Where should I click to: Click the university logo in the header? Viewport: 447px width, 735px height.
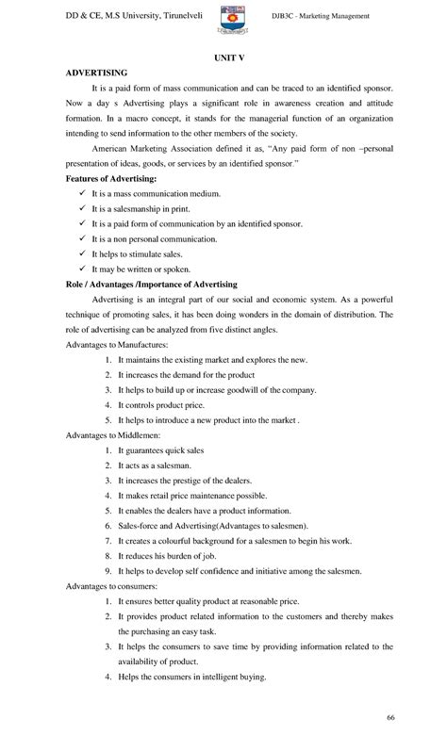232,22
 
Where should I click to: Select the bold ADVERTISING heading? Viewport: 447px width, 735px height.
97,73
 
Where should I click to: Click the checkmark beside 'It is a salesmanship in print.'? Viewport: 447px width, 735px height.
83,209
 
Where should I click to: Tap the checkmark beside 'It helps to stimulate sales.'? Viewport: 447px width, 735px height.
83,254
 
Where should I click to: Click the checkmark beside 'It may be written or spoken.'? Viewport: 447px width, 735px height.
83,269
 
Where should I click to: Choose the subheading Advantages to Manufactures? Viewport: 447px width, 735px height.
126,345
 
